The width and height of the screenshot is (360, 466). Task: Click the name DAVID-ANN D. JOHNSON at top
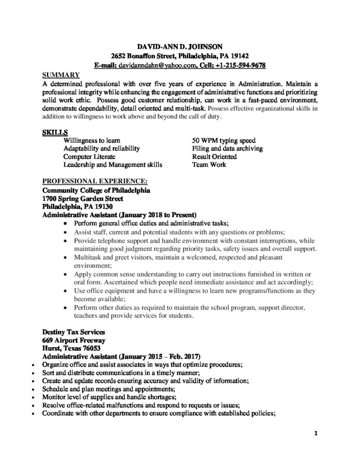(x=180, y=46)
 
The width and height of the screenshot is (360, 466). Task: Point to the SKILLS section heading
(x=53, y=132)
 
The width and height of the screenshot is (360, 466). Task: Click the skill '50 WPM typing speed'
(x=224, y=140)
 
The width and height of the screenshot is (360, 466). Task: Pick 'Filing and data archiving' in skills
(x=227, y=148)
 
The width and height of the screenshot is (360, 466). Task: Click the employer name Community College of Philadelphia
(x=96, y=190)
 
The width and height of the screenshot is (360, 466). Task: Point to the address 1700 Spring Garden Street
(x=82, y=198)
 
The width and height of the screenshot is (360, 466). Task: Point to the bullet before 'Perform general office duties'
(x=66, y=224)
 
